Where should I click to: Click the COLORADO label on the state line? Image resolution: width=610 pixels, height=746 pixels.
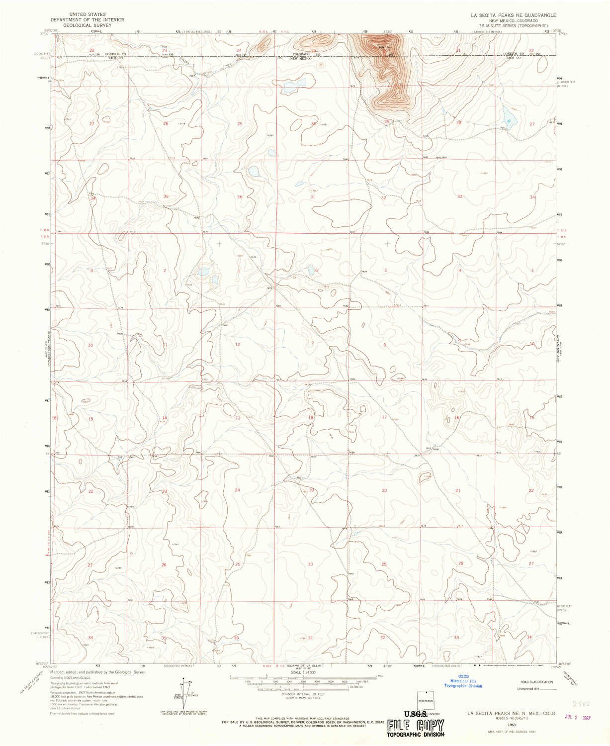[301, 54]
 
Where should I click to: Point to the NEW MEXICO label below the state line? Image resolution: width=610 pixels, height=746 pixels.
[301, 59]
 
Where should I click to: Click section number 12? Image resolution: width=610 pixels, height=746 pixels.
[238, 344]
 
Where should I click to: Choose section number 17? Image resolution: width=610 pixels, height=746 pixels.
[384, 417]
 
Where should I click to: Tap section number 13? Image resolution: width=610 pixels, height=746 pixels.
[238, 418]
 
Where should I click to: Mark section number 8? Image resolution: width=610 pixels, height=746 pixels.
[384, 344]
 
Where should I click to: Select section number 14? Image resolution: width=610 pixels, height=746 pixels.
[165, 418]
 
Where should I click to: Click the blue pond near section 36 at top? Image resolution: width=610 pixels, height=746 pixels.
[253, 173]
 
